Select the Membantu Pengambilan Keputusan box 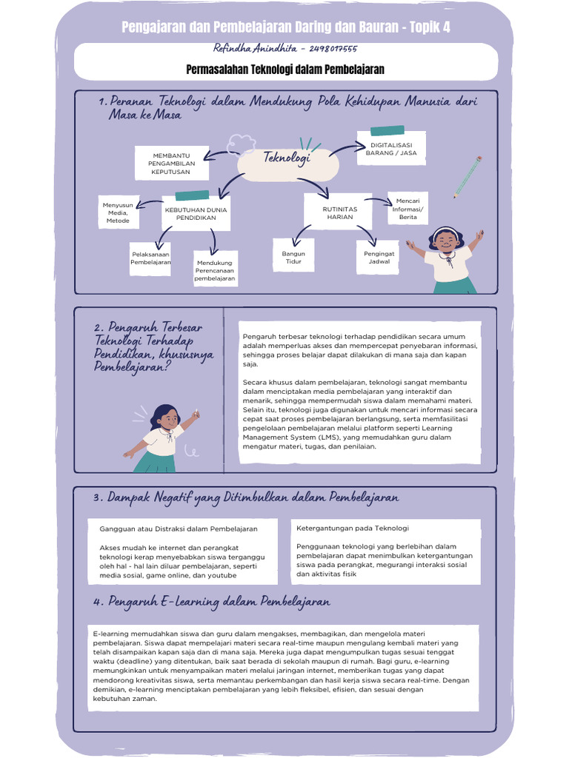(x=171, y=164)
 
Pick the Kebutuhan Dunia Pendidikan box (x=196, y=214)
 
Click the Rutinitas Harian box (x=340, y=213)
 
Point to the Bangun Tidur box (x=293, y=258)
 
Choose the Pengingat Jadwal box (x=379, y=258)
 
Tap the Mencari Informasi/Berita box (x=407, y=209)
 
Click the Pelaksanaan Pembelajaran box (x=150, y=258)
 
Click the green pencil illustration (x=467, y=177)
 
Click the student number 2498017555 (x=329, y=49)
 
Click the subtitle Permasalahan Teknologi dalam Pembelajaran (x=284, y=70)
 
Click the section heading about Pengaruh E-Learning (x=212, y=602)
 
